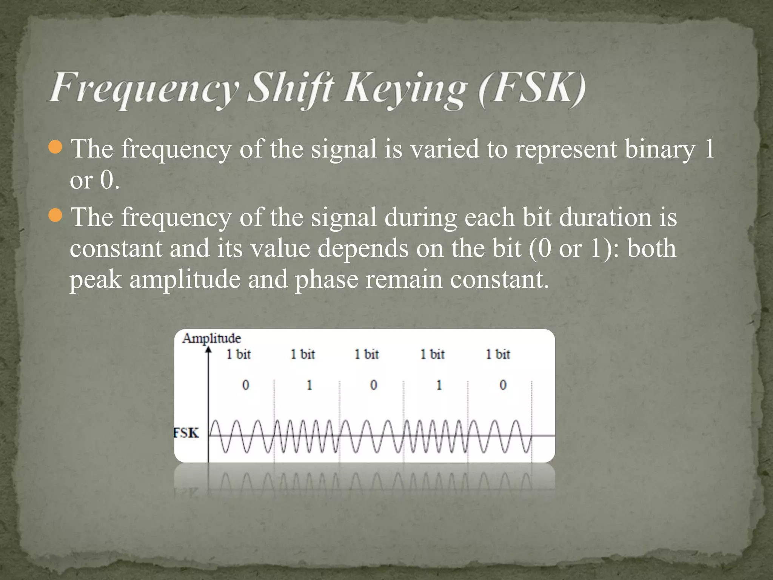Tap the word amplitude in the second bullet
185,280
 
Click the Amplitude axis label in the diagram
211,338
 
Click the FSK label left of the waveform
186,433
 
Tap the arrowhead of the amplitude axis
208,350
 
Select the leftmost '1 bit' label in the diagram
239,354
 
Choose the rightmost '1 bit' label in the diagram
498,354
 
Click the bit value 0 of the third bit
373,385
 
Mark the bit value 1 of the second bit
310,385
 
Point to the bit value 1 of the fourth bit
439,385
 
